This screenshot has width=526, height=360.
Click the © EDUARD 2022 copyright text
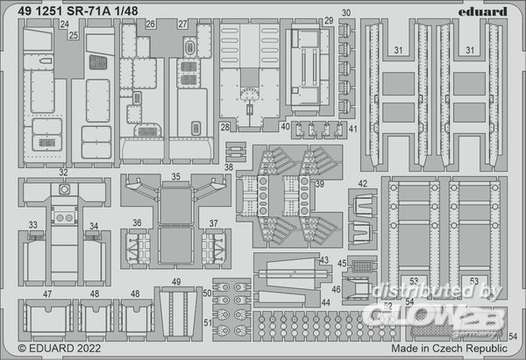53,349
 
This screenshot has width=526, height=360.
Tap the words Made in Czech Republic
448,348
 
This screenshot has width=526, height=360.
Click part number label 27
182,25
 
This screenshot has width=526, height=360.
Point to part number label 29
328,20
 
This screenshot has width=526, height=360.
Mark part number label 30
346,13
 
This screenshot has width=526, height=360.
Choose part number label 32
64,174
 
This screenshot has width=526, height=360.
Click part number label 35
175,176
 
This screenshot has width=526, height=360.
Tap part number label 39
319,183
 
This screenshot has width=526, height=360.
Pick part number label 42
362,184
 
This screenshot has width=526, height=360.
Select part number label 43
324,260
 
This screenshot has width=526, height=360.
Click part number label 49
176,281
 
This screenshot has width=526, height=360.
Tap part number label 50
207,293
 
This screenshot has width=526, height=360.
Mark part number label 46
337,289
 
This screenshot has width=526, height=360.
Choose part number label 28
224,127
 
